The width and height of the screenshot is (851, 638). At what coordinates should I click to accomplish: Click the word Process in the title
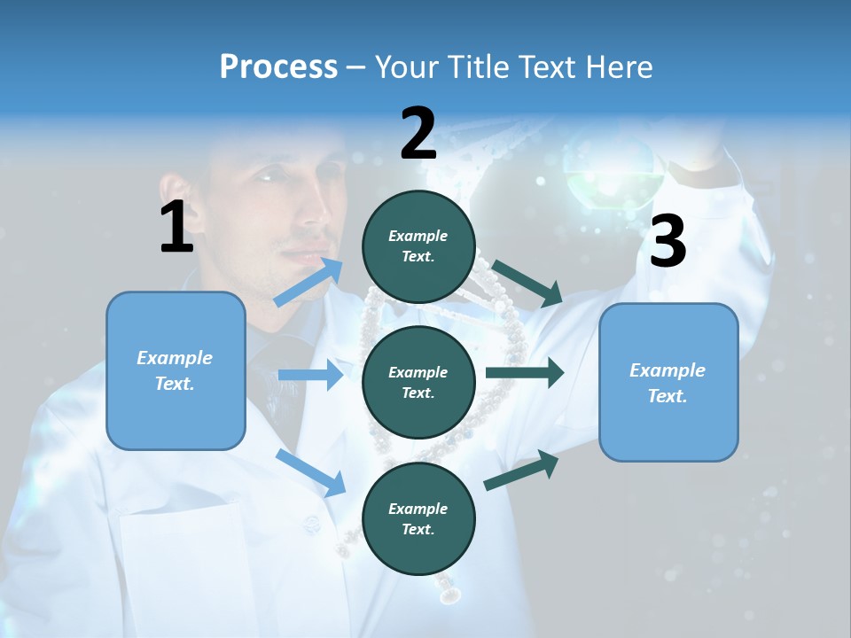pyautogui.click(x=278, y=67)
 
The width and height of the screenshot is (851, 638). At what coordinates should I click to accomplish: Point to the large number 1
pyautogui.click(x=176, y=227)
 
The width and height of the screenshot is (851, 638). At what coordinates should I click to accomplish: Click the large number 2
pyautogui.click(x=418, y=134)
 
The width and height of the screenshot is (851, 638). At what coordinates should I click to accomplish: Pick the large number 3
pyautogui.click(x=668, y=241)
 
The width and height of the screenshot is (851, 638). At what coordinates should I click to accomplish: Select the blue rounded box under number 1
pyautogui.click(x=176, y=370)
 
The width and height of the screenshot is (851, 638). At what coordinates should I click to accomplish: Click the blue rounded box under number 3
pyautogui.click(x=668, y=382)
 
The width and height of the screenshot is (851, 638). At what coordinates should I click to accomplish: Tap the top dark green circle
pyautogui.click(x=418, y=246)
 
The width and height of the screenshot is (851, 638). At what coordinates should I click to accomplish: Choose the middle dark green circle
pyautogui.click(x=418, y=382)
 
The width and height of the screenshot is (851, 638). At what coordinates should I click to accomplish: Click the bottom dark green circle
pyautogui.click(x=418, y=518)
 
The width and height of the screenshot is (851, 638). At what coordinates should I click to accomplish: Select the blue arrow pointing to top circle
pyautogui.click(x=309, y=282)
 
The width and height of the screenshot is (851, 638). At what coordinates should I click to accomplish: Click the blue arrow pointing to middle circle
pyautogui.click(x=310, y=375)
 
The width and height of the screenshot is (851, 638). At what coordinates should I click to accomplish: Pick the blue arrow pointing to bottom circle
pyautogui.click(x=311, y=472)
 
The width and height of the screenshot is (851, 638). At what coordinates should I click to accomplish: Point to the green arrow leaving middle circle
pyautogui.click(x=525, y=373)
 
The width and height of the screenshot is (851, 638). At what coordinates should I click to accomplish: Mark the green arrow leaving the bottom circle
pyautogui.click(x=522, y=470)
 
